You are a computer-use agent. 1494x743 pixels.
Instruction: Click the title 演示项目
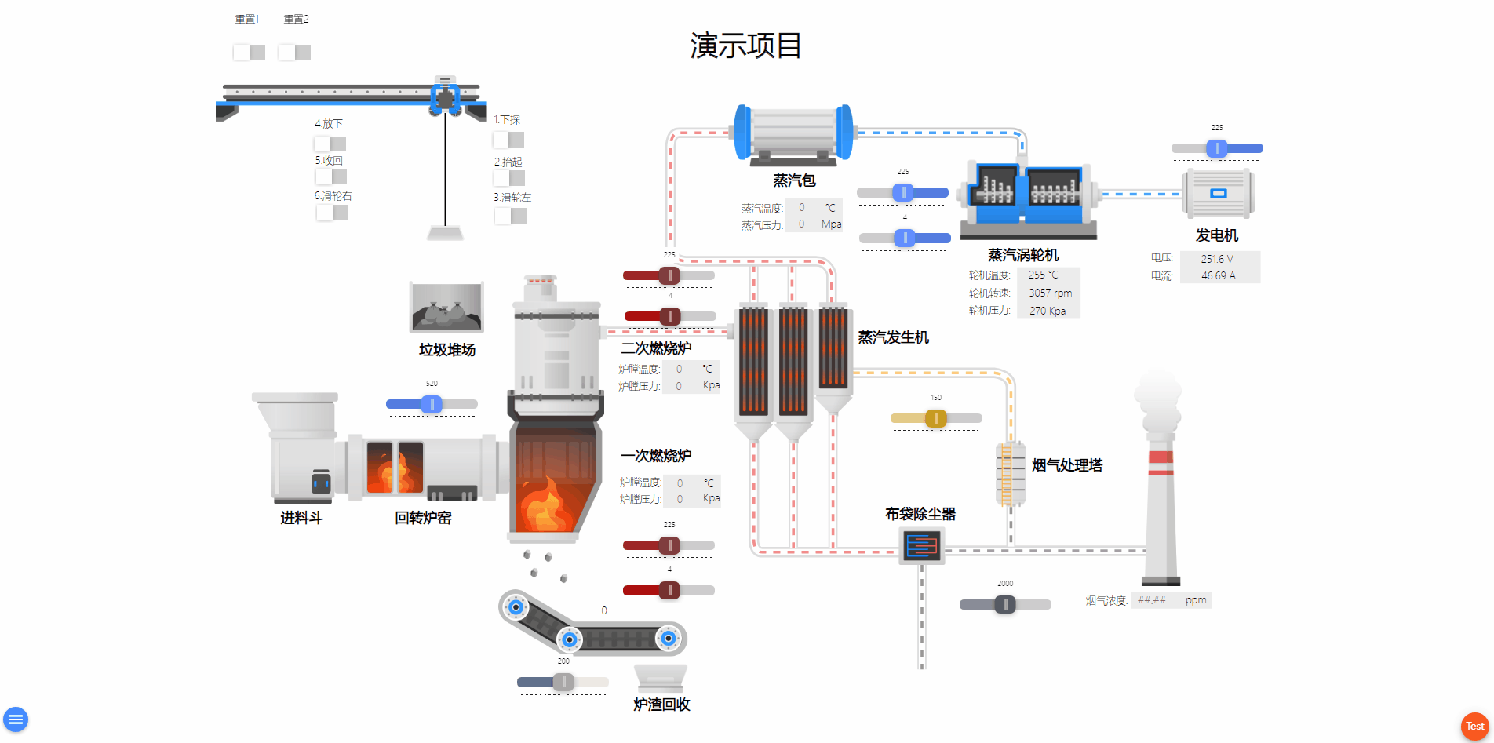pos(745,46)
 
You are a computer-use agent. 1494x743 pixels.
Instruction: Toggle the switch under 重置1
pos(249,52)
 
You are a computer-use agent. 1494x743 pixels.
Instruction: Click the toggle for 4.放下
pos(330,144)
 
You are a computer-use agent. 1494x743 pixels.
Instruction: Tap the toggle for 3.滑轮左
pos(510,216)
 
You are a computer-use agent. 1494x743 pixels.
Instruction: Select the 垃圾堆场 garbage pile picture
pos(446,308)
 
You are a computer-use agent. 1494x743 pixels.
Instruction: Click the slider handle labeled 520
pos(432,404)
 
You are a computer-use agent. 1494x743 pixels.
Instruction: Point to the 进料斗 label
pos(301,518)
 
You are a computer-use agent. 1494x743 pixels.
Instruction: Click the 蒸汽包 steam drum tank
pos(793,133)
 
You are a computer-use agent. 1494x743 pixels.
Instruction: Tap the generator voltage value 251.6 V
pos(1217,259)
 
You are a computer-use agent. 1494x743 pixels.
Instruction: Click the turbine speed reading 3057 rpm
pos(1050,293)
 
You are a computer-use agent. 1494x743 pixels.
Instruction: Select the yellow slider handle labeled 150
pos(935,418)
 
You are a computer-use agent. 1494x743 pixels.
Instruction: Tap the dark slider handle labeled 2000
pos(1005,604)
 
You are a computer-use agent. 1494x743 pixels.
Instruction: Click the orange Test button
pos(1474,726)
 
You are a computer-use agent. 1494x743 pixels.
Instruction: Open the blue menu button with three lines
pos(16,719)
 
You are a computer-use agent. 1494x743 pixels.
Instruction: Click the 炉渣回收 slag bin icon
pos(661,678)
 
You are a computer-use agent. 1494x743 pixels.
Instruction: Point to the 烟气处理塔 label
pos(1066,465)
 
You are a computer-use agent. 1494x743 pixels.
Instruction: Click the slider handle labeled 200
pos(563,683)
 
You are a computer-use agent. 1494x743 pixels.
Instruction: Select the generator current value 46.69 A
pos(1218,275)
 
